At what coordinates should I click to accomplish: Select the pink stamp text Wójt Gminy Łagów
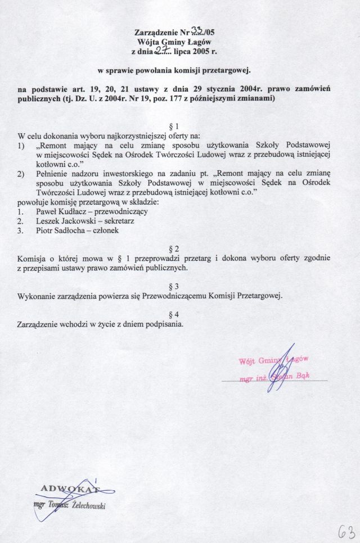tap(273, 360)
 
